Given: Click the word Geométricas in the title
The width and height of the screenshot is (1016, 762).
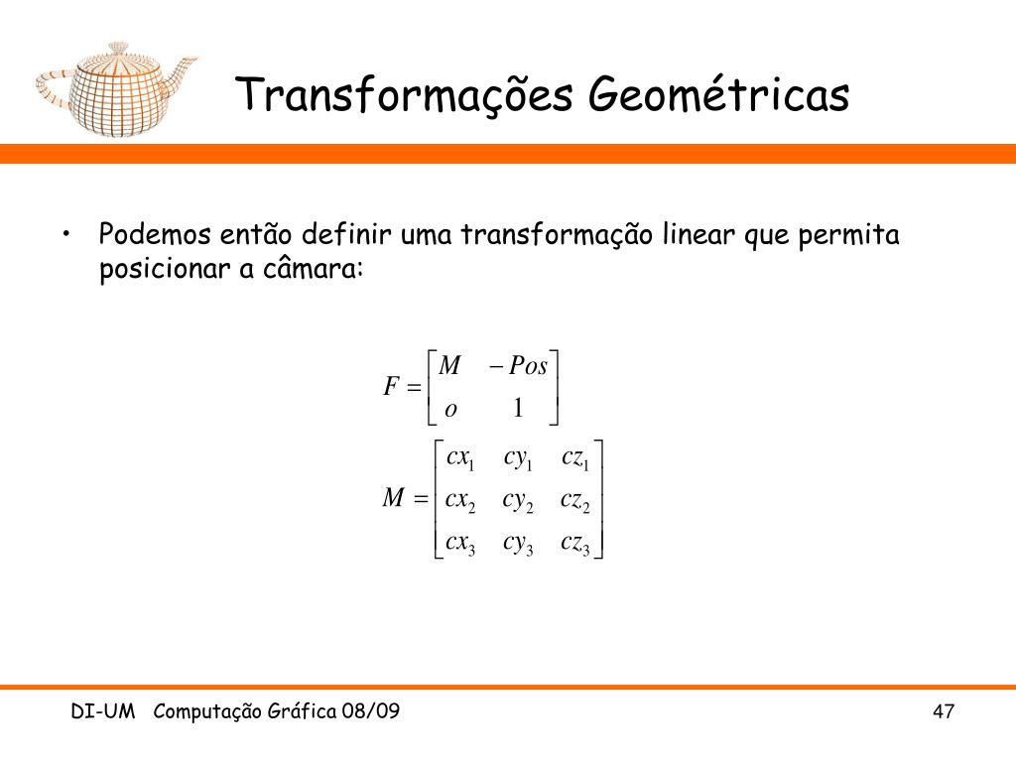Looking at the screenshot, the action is [x=718, y=94].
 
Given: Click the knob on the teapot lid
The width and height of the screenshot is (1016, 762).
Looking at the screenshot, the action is [x=118, y=48].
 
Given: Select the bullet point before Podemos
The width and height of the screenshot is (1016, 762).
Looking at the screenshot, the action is [x=66, y=234].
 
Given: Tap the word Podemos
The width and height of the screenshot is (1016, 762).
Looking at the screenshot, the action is [x=155, y=234].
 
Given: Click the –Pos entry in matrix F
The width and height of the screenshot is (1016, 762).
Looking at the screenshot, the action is [x=518, y=366].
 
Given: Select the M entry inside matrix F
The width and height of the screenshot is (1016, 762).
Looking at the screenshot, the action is [x=449, y=366].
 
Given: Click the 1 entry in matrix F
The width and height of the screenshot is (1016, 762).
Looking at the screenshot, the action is [x=518, y=408].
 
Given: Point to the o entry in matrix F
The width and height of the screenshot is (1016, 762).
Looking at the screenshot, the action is [x=450, y=410].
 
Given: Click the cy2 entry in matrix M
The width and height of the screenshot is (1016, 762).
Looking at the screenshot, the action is [x=518, y=502].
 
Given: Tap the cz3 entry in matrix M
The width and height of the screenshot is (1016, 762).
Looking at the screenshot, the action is [x=575, y=544].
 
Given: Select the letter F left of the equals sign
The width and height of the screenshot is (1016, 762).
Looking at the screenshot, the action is [x=391, y=387].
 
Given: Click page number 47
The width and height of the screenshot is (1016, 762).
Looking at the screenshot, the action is [x=944, y=711].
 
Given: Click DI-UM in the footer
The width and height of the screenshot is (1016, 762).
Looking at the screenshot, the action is [x=103, y=711].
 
